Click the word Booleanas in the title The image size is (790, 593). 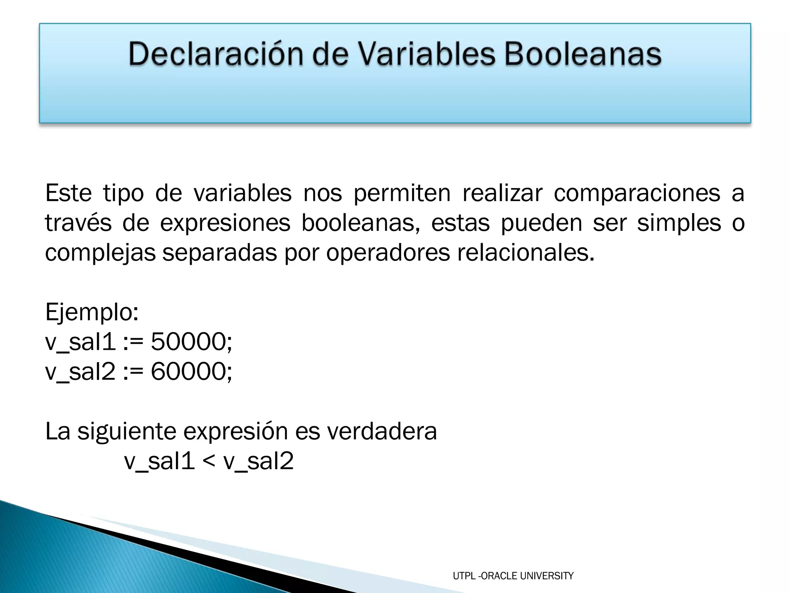[583, 54]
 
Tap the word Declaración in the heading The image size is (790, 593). [216, 54]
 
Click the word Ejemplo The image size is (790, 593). [91, 312]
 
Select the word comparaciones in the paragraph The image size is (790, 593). [637, 193]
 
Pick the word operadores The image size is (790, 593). [388, 252]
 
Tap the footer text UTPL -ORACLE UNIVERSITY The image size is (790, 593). [513, 576]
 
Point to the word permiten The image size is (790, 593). [402, 193]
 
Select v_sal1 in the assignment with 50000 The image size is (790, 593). [80, 342]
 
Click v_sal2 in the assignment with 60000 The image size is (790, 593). [80, 371]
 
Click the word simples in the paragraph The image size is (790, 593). [679, 223]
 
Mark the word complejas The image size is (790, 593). [100, 253]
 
